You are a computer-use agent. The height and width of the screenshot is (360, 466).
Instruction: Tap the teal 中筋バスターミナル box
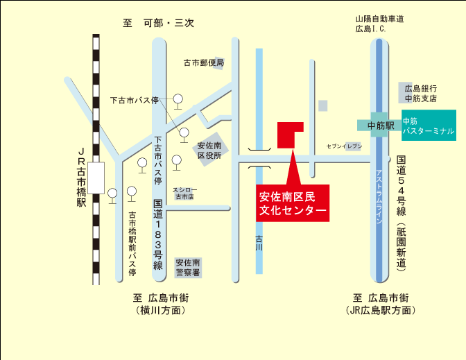point(428,126)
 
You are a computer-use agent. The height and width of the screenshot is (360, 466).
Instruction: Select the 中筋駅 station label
point(380,126)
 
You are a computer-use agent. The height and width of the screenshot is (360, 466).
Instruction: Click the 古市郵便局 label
point(204,62)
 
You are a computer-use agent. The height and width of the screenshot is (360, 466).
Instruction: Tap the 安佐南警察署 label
point(188,268)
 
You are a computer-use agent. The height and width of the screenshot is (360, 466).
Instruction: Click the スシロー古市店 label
point(184,193)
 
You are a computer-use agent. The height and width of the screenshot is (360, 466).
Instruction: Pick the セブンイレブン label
point(344,146)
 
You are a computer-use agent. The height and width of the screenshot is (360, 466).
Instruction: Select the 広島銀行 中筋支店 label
point(420,93)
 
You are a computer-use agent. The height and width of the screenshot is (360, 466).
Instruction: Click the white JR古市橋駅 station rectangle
point(96,178)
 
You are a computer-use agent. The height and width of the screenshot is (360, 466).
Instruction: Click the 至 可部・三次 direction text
point(159,23)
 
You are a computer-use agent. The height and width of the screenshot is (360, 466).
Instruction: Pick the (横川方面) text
point(160,310)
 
